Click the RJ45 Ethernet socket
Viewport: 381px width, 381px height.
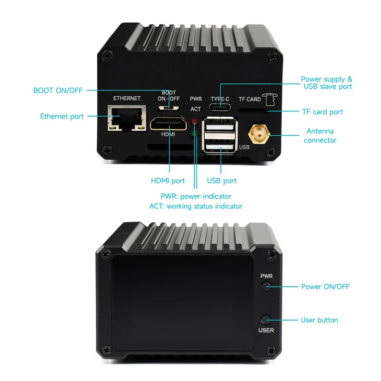click(127, 118)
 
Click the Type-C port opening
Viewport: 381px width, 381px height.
click(221, 107)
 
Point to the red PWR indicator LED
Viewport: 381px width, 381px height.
click(194, 123)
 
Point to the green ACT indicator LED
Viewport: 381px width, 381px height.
click(194, 135)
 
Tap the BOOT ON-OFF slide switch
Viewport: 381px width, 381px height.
click(169, 107)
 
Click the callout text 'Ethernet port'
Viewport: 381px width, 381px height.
click(62, 116)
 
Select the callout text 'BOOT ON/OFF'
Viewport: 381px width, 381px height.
click(58, 90)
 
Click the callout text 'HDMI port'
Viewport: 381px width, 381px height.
click(168, 180)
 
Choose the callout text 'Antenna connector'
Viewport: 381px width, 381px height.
click(320, 136)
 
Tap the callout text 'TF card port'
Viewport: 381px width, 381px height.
click(322, 112)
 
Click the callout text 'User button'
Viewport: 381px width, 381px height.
click(319, 320)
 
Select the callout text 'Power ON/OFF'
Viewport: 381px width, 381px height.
click(325, 287)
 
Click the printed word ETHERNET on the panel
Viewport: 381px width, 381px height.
click(127, 99)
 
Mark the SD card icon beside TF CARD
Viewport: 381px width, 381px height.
click(270, 99)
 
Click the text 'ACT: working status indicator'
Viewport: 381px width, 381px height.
click(196, 206)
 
